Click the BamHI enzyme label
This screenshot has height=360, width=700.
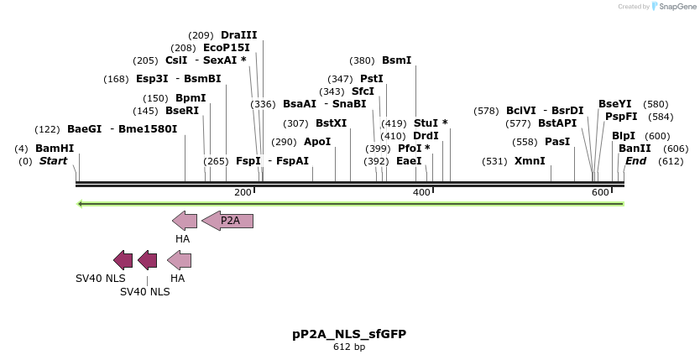coord(55,149)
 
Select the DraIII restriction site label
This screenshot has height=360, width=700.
coord(238,35)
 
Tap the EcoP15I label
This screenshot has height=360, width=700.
coord(227,48)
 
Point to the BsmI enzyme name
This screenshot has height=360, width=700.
coord(396,60)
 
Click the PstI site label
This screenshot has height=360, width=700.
coord(372,79)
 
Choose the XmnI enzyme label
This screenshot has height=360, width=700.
coord(530,161)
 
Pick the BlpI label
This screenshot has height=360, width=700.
coord(623,136)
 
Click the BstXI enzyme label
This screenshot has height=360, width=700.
coord(331,123)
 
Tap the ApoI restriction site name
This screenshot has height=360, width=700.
coord(317,142)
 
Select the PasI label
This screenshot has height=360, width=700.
coord(557,142)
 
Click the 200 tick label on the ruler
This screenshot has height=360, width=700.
coord(243,193)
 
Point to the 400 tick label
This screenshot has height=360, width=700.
coord(421,193)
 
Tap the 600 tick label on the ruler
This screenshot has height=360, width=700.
coord(600,193)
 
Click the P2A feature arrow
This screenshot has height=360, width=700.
coord(227,221)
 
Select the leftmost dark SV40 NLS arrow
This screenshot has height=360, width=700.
coord(123,260)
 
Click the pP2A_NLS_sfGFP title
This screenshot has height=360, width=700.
coord(349,333)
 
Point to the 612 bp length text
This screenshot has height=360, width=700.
coord(349,347)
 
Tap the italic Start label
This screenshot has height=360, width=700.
coord(53,161)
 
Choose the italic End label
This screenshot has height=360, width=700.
coord(635,161)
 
